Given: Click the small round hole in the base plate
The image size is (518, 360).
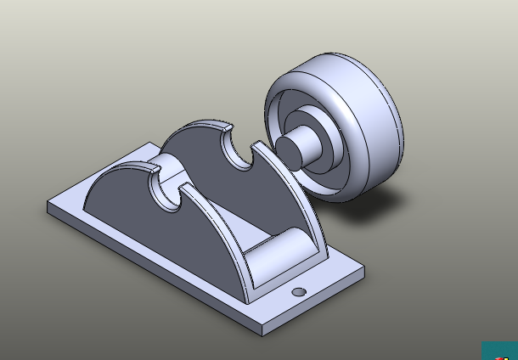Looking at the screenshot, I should (x=299, y=291).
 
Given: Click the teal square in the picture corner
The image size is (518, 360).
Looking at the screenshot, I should (x=500, y=351).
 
